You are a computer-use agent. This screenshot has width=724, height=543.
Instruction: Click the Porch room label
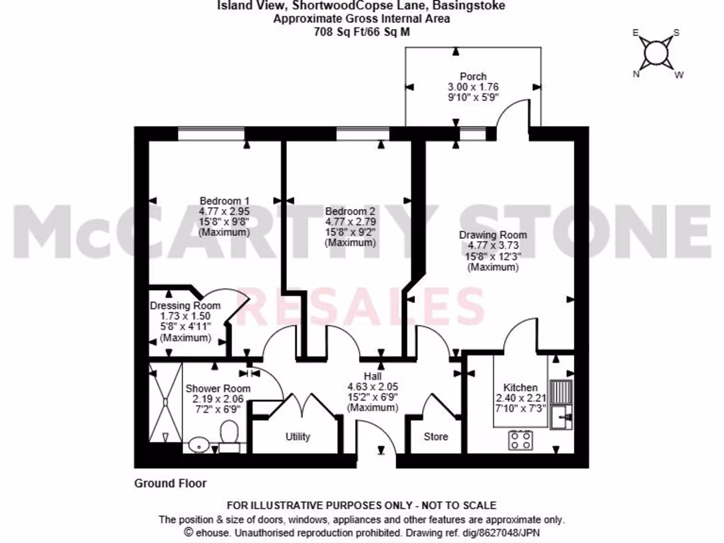(x=473, y=76)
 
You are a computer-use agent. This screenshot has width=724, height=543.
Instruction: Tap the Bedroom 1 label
(x=224, y=200)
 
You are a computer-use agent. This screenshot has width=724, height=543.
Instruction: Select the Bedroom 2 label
(x=350, y=211)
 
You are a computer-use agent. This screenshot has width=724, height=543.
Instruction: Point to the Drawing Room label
(x=493, y=235)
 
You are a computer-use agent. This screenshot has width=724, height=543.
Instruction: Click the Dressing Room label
(x=185, y=305)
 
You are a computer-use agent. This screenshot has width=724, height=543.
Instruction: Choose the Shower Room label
(x=218, y=388)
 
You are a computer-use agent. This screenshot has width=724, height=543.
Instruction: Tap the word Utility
(x=298, y=436)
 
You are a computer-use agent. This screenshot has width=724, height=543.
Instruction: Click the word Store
(x=436, y=436)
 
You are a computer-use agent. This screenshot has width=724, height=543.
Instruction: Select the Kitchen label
(x=521, y=387)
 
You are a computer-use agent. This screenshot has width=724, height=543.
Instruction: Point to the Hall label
(x=373, y=376)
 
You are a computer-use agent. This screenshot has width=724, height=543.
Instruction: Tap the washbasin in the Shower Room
(x=198, y=445)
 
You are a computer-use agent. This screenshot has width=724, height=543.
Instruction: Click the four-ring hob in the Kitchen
(x=521, y=440)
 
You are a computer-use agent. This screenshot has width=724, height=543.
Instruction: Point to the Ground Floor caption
(x=170, y=484)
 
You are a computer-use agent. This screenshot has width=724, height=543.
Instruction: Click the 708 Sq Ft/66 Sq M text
(x=361, y=32)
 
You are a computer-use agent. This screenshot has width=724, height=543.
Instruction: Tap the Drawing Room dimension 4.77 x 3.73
(x=493, y=245)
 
